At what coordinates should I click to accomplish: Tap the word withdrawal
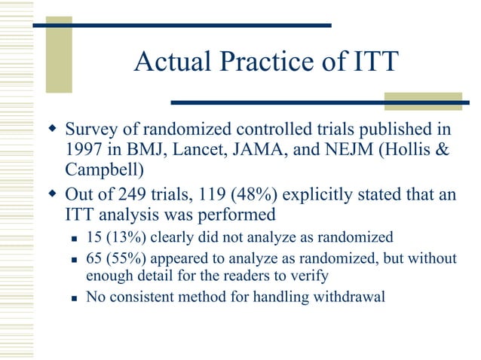(x=347, y=297)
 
